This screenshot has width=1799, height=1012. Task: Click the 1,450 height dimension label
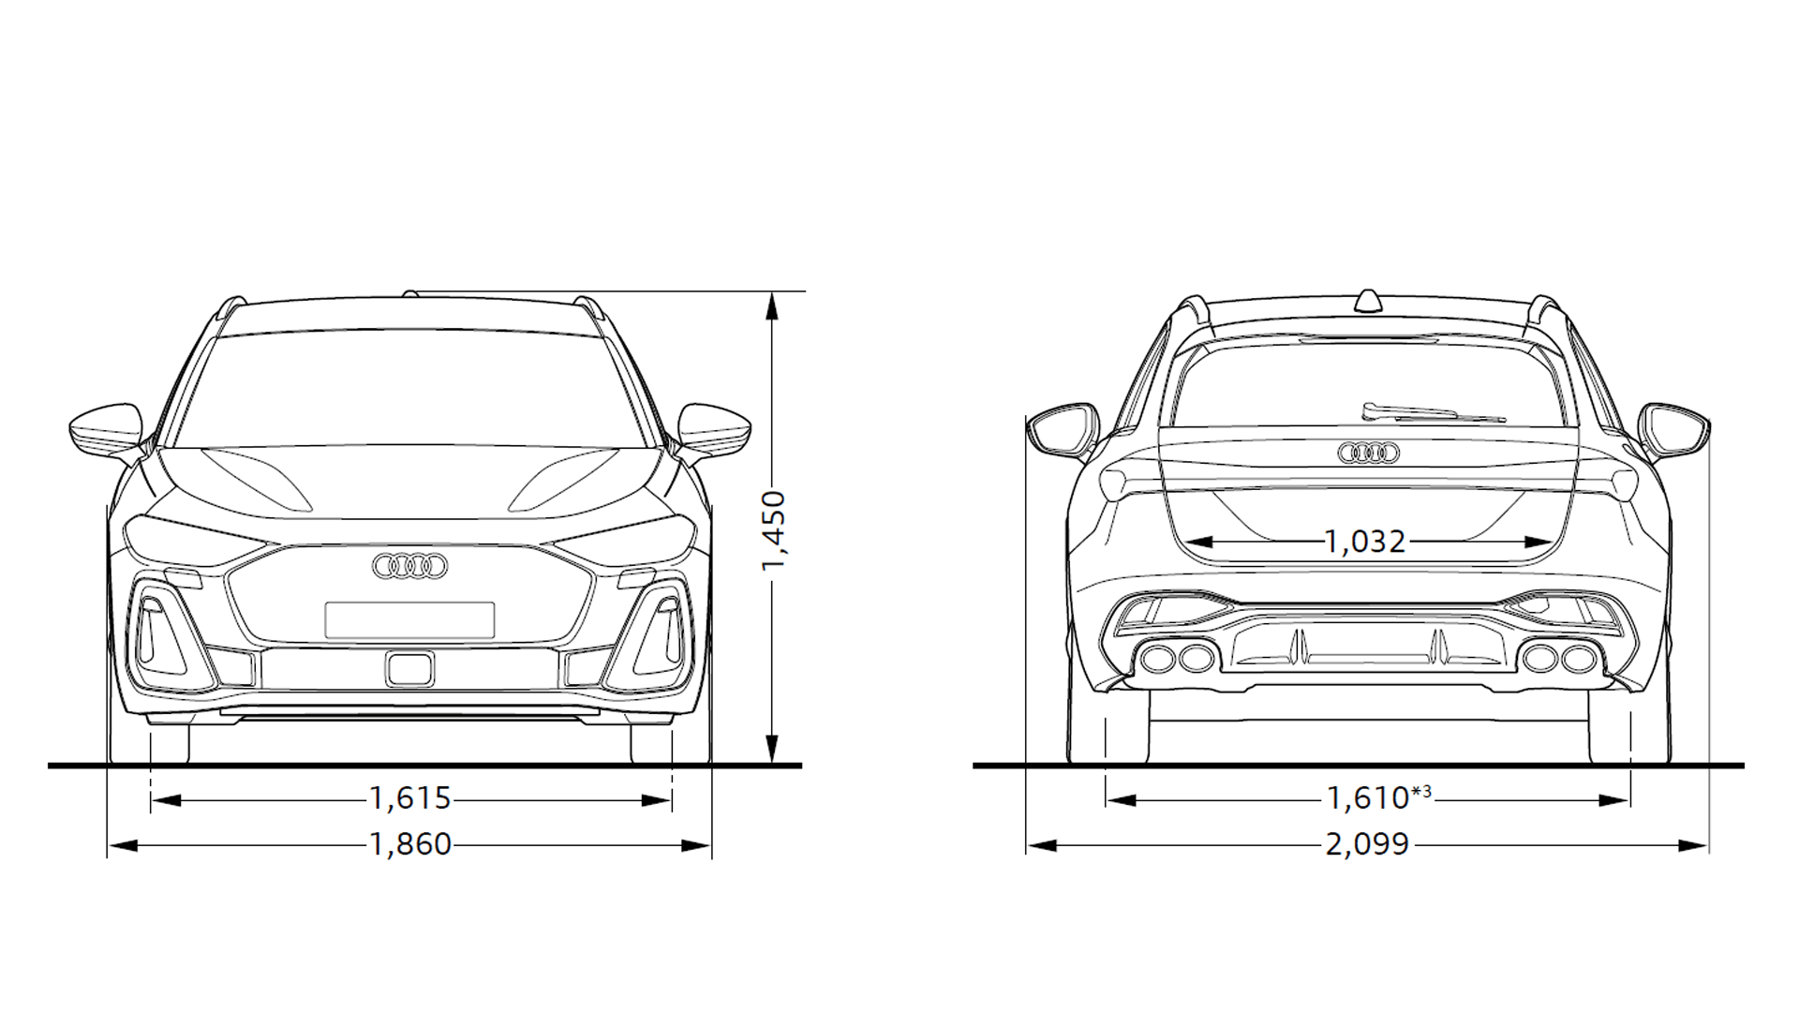(774, 530)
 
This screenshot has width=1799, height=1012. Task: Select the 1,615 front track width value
(410, 799)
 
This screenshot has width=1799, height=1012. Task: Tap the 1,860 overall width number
(410, 845)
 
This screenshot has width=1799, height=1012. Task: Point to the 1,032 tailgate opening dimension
(1365, 542)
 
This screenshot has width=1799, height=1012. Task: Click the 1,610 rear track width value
(1368, 799)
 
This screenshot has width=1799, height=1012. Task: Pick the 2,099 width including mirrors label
(1367, 845)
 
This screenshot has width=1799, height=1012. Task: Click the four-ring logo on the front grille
(410, 566)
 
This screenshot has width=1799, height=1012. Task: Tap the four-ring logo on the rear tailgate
(1368, 454)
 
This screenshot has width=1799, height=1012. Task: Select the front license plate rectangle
(409, 620)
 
